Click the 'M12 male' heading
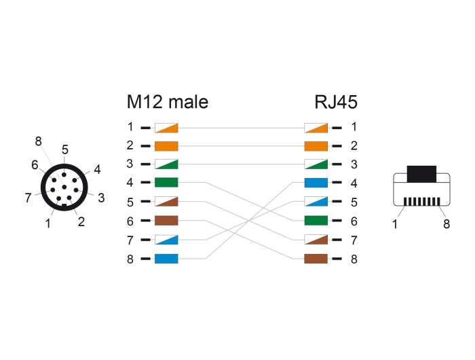[x=167, y=103]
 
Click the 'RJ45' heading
[x=335, y=103]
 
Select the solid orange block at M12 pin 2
[x=166, y=145]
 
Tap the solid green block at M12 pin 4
[x=166, y=183]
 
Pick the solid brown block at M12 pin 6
[x=166, y=221]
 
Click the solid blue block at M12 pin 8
[x=166, y=259]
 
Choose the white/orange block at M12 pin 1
[x=166, y=127]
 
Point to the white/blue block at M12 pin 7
[x=166, y=240]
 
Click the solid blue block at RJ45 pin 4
[x=316, y=183]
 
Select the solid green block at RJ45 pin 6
[x=316, y=221]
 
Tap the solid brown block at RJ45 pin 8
[x=316, y=259]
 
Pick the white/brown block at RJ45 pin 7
[x=316, y=240]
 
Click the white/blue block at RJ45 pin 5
[x=316, y=202]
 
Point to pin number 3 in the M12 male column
[x=130, y=164]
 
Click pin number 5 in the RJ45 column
[x=354, y=202]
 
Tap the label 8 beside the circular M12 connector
[x=38, y=142]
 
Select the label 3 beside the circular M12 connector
[x=100, y=198]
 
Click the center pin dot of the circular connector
[x=64, y=187]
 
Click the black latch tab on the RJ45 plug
[x=421, y=173]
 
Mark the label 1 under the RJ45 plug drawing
[x=395, y=224]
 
